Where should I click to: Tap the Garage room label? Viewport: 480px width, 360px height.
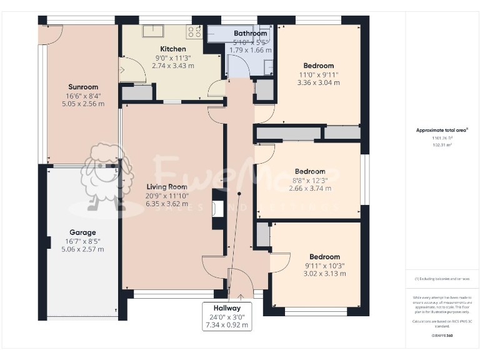82,232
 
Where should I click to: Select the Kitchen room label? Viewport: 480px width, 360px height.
173,49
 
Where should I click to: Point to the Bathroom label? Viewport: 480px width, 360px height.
250,33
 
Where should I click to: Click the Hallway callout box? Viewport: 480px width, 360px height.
227,316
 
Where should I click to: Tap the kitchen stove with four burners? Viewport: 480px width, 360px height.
194,32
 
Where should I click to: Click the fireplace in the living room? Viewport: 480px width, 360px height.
217,209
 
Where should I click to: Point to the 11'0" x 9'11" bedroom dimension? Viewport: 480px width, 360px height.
318,74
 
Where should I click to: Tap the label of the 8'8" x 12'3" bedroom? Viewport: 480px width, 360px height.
310,171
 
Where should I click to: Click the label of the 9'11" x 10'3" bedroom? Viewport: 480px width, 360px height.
324,256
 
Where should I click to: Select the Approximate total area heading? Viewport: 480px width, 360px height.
442,130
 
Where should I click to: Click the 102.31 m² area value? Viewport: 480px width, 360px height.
442,145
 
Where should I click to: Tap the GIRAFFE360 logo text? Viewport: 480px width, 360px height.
442,336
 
